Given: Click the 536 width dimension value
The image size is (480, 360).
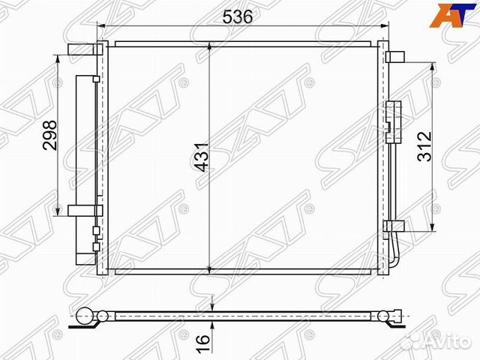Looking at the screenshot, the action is pyautogui.click(x=238, y=16).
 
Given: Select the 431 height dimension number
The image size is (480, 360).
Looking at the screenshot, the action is pyautogui.click(x=202, y=157).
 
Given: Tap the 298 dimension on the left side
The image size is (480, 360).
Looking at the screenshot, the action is pyautogui.click(x=50, y=135).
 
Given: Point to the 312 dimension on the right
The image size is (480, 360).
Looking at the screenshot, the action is pyautogui.click(x=424, y=146).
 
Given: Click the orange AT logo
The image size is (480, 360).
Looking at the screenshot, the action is pyautogui.click(x=453, y=15).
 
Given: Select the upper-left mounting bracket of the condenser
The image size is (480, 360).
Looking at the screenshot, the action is pyautogui.click(x=85, y=49).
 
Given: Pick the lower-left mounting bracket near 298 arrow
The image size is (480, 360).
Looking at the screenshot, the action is pyautogui.click(x=85, y=211).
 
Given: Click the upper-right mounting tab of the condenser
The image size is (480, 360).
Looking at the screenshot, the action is pyautogui.click(x=395, y=57).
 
